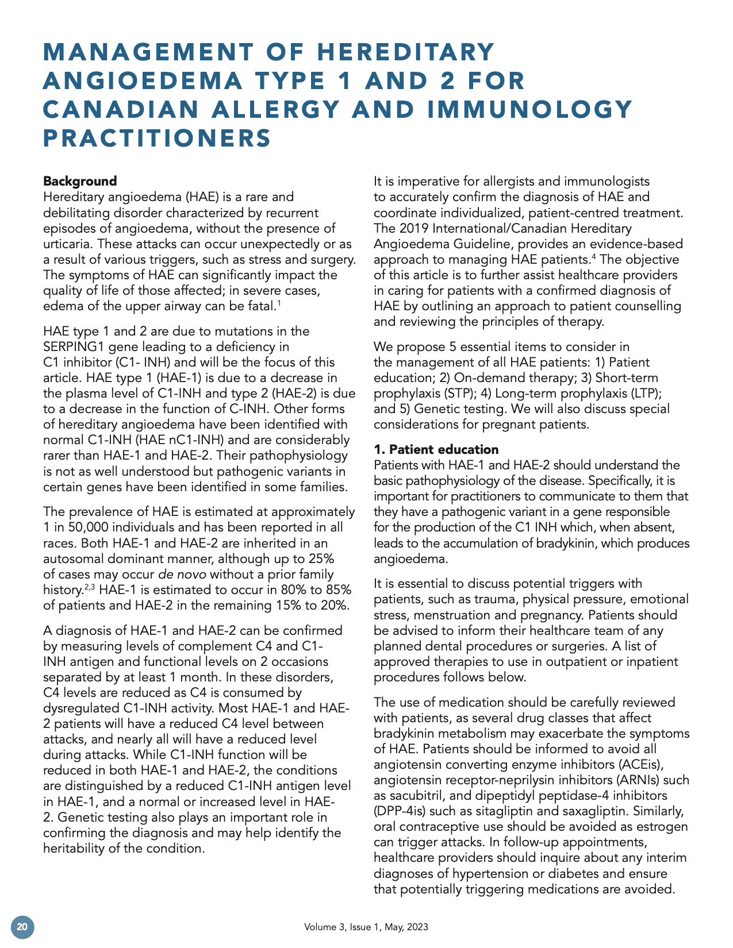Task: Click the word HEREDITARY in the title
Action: point(405,52)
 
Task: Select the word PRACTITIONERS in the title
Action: point(157,138)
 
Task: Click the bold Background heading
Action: point(80,182)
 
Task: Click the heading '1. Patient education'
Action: point(436,449)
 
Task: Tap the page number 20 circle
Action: point(22,927)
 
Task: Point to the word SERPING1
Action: point(73,347)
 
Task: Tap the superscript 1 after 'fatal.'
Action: point(279,302)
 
